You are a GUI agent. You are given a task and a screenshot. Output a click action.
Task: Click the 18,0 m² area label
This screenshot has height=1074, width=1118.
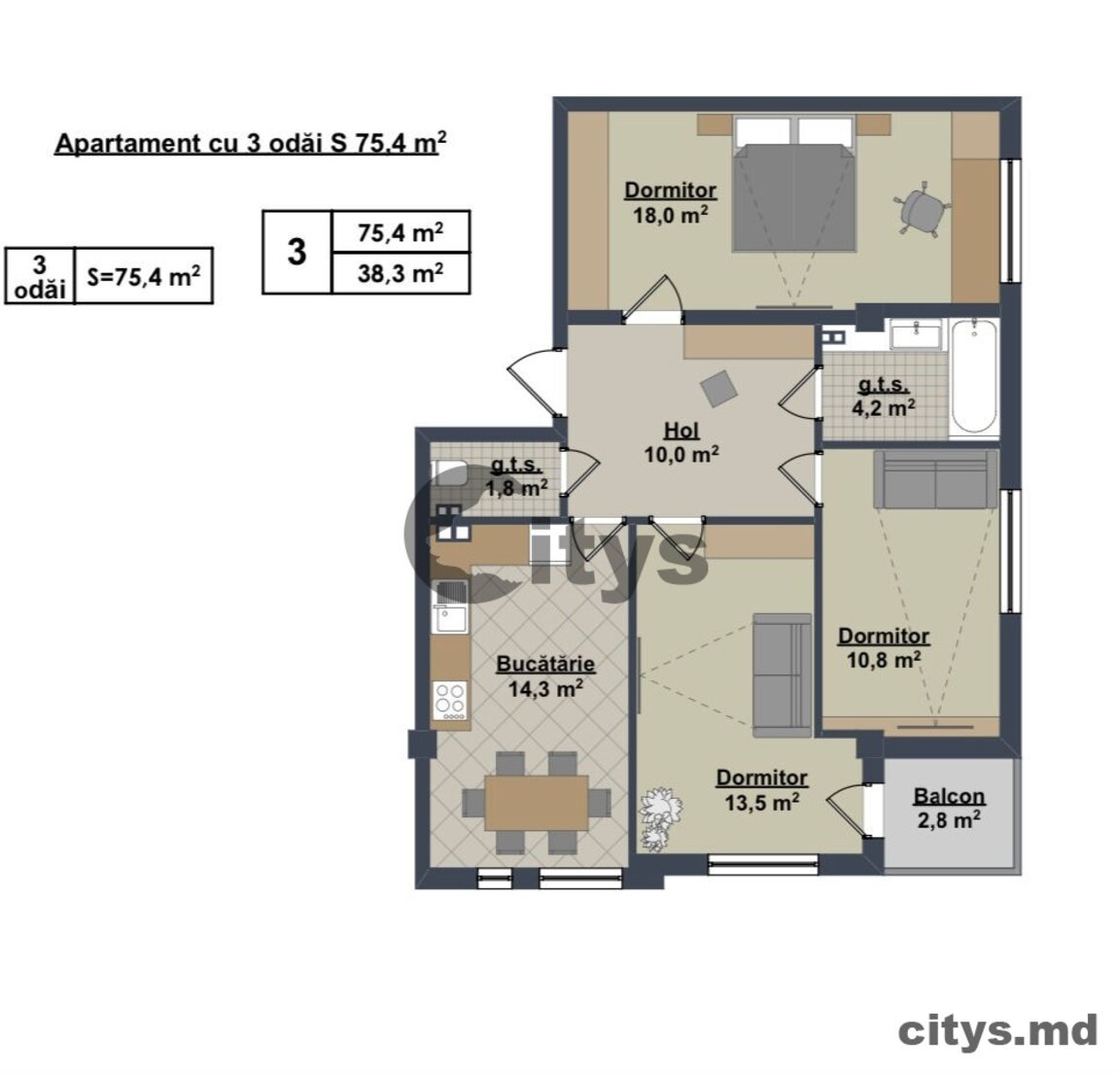(670, 215)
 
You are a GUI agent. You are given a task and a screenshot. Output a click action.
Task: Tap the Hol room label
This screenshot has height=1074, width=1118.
(681, 431)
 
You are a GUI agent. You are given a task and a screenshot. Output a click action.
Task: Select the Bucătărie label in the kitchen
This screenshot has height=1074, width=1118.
(545, 664)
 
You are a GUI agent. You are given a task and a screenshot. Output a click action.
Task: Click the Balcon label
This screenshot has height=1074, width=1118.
(949, 796)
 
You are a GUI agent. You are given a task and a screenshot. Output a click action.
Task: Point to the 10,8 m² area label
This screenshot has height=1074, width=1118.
(884, 659)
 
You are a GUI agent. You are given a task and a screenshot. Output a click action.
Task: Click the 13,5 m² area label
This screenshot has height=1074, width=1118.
(761, 802)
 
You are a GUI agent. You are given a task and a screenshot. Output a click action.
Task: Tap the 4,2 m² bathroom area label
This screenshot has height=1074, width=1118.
(884, 407)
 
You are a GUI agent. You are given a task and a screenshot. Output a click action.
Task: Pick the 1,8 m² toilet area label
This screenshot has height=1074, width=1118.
(516, 488)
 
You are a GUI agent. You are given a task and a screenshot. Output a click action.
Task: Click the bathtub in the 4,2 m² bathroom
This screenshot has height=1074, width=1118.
(974, 375)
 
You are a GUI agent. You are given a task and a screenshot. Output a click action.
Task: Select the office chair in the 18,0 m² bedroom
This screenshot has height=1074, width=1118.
(921, 207)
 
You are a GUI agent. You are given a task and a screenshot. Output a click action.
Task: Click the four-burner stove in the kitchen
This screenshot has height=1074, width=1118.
(450, 700)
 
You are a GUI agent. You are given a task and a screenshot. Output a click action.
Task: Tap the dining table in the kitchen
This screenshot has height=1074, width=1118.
(537, 803)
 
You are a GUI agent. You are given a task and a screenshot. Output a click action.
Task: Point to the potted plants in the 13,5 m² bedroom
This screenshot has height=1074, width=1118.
(659, 818)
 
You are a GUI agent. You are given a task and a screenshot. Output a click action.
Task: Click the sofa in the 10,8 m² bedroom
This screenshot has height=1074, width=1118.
(935, 479)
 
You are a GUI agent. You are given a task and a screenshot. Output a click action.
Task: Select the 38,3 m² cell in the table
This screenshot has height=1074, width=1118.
(400, 273)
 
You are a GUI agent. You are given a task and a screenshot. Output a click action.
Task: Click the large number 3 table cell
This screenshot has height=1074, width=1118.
(297, 253)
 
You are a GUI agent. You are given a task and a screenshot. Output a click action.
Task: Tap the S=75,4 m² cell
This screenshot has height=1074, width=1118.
(143, 276)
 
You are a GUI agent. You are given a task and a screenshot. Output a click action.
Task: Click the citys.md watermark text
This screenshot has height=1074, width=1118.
(997, 1031)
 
